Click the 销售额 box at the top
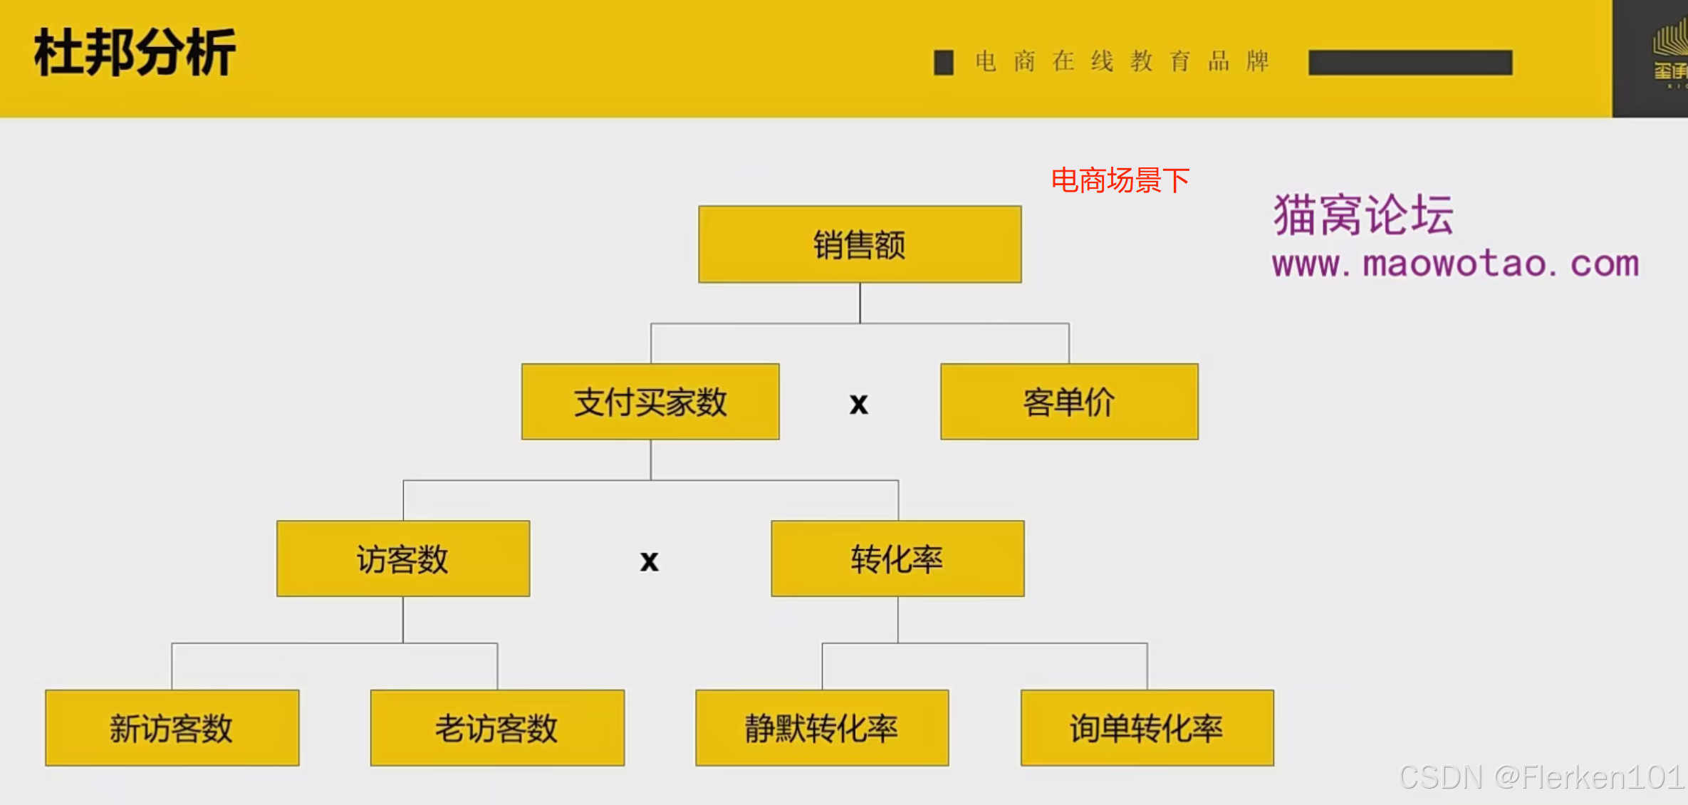coord(860,244)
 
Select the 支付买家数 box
coord(650,402)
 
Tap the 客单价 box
coord(1069,402)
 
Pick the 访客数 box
coord(403,559)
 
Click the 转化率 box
coord(897,559)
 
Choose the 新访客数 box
coord(172,727)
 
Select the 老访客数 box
coord(497,727)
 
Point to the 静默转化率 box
coord(822,727)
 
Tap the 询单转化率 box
coord(1147,727)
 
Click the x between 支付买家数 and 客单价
coord(859,404)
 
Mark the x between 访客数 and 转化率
coord(649,561)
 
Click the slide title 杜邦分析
coord(135,53)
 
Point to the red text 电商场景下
coord(1120,180)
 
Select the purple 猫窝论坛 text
coord(1363,214)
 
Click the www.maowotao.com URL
coord(1455,264)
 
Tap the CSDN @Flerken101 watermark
coord(1541,777)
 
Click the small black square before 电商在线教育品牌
coord(944,63)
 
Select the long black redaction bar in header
coord(1410,63)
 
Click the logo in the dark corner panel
coord(1669,53)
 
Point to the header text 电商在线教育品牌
coord(1122,61)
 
